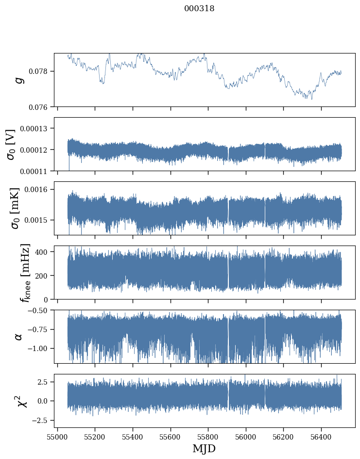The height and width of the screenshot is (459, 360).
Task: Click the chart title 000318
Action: tap(199, 9)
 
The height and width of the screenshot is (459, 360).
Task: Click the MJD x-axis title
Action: tap(204, 449)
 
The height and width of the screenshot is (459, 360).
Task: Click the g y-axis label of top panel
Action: tap(19, 80)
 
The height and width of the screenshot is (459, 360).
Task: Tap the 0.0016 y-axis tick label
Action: tap(37, 189)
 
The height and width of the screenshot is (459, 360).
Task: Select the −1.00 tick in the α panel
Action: tap(38, 349)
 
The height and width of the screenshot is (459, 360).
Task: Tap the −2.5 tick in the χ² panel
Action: tap(41, 420)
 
